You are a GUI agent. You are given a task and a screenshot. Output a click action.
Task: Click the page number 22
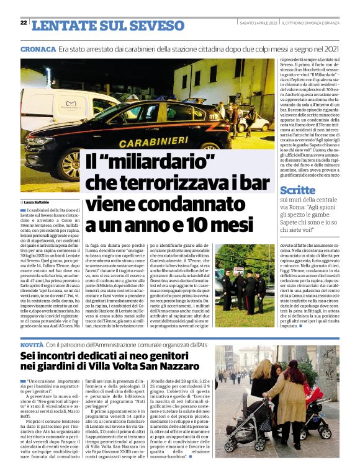click(24, 22)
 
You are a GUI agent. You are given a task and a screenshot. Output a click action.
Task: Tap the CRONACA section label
click(37, 48)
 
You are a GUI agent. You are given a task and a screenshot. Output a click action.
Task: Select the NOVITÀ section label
click(32, 344)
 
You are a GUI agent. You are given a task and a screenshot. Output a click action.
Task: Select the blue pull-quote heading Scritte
click(297, 190)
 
